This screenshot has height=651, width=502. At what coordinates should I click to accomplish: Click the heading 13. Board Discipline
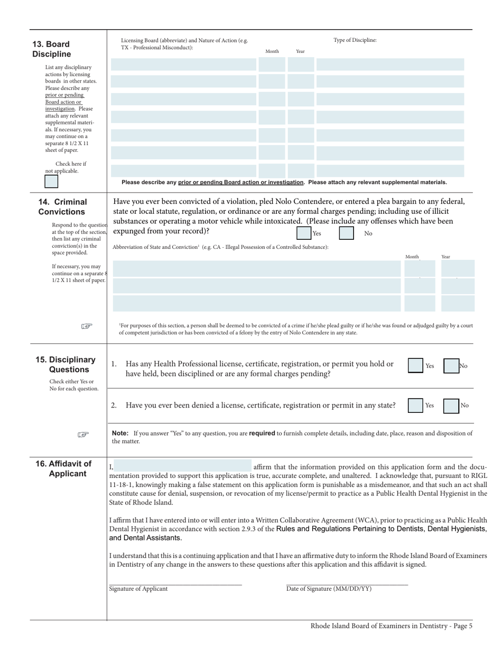[51, 49]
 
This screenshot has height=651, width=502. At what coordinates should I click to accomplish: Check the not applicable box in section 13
[51, 182]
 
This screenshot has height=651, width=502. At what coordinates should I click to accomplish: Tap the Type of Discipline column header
[355, 40]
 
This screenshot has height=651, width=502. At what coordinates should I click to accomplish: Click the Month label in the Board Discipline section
[272, 51]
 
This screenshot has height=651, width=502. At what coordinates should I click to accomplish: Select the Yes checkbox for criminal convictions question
[303, 233]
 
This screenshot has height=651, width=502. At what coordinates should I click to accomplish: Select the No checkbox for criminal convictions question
[346, 233]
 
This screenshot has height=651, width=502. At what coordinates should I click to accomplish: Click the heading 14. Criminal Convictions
[62, 207]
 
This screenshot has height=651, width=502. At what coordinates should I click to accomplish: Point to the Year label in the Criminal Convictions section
[445, 257]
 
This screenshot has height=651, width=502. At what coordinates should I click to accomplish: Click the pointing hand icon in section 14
[87, 326]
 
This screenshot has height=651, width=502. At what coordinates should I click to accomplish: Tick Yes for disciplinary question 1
[415, 366]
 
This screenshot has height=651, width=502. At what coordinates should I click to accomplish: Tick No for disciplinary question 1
[451, 366]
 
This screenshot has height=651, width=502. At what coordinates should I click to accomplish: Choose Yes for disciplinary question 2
[415, 405]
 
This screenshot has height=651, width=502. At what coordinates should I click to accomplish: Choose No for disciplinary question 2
[451, 405]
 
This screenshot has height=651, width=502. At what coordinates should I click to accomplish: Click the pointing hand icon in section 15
[83, 435]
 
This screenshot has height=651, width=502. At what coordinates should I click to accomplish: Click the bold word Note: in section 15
[120, 433]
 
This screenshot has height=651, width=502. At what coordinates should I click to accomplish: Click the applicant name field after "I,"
[183, 467]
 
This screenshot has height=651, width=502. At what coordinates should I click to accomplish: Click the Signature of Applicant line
[175, 584]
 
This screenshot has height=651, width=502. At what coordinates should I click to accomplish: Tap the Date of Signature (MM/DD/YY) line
[347, 584]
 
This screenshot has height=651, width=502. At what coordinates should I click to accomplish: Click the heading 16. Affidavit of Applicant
[64, 469]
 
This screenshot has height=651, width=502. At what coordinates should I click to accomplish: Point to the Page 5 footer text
[391, 626]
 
